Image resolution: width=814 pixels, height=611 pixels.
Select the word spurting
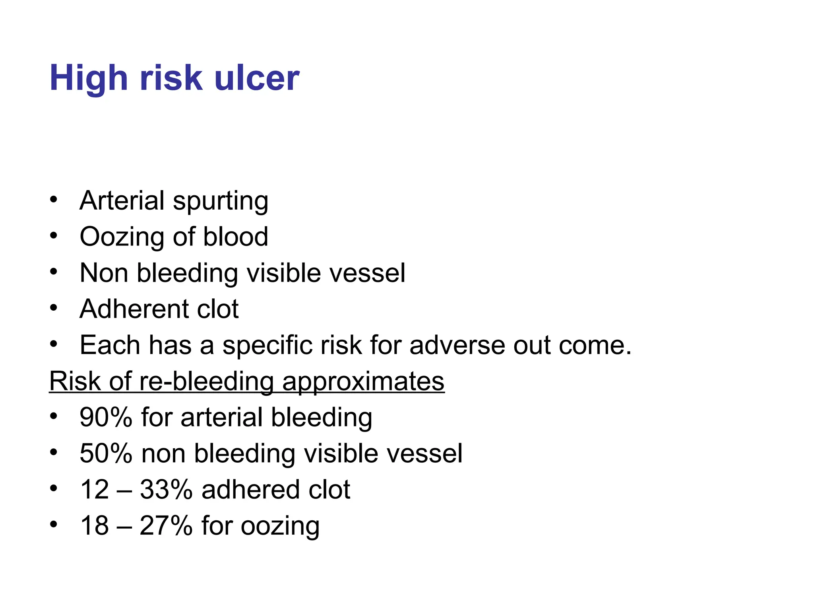click(x=221, y=201)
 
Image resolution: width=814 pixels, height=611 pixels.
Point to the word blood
click(x=236, y=237)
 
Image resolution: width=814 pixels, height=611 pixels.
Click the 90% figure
click(x=106, y=418)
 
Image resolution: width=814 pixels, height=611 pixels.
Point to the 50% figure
click(x=106, y=454)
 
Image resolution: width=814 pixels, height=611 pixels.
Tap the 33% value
click(x=166, y=490)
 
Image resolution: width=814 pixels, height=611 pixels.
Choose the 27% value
click(x=166, y=526)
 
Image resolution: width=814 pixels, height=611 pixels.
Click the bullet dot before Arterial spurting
click(x=54, y=199)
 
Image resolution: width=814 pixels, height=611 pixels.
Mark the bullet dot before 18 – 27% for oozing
click(x=54, y=524)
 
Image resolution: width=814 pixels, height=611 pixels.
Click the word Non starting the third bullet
click(x=104, y=273)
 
